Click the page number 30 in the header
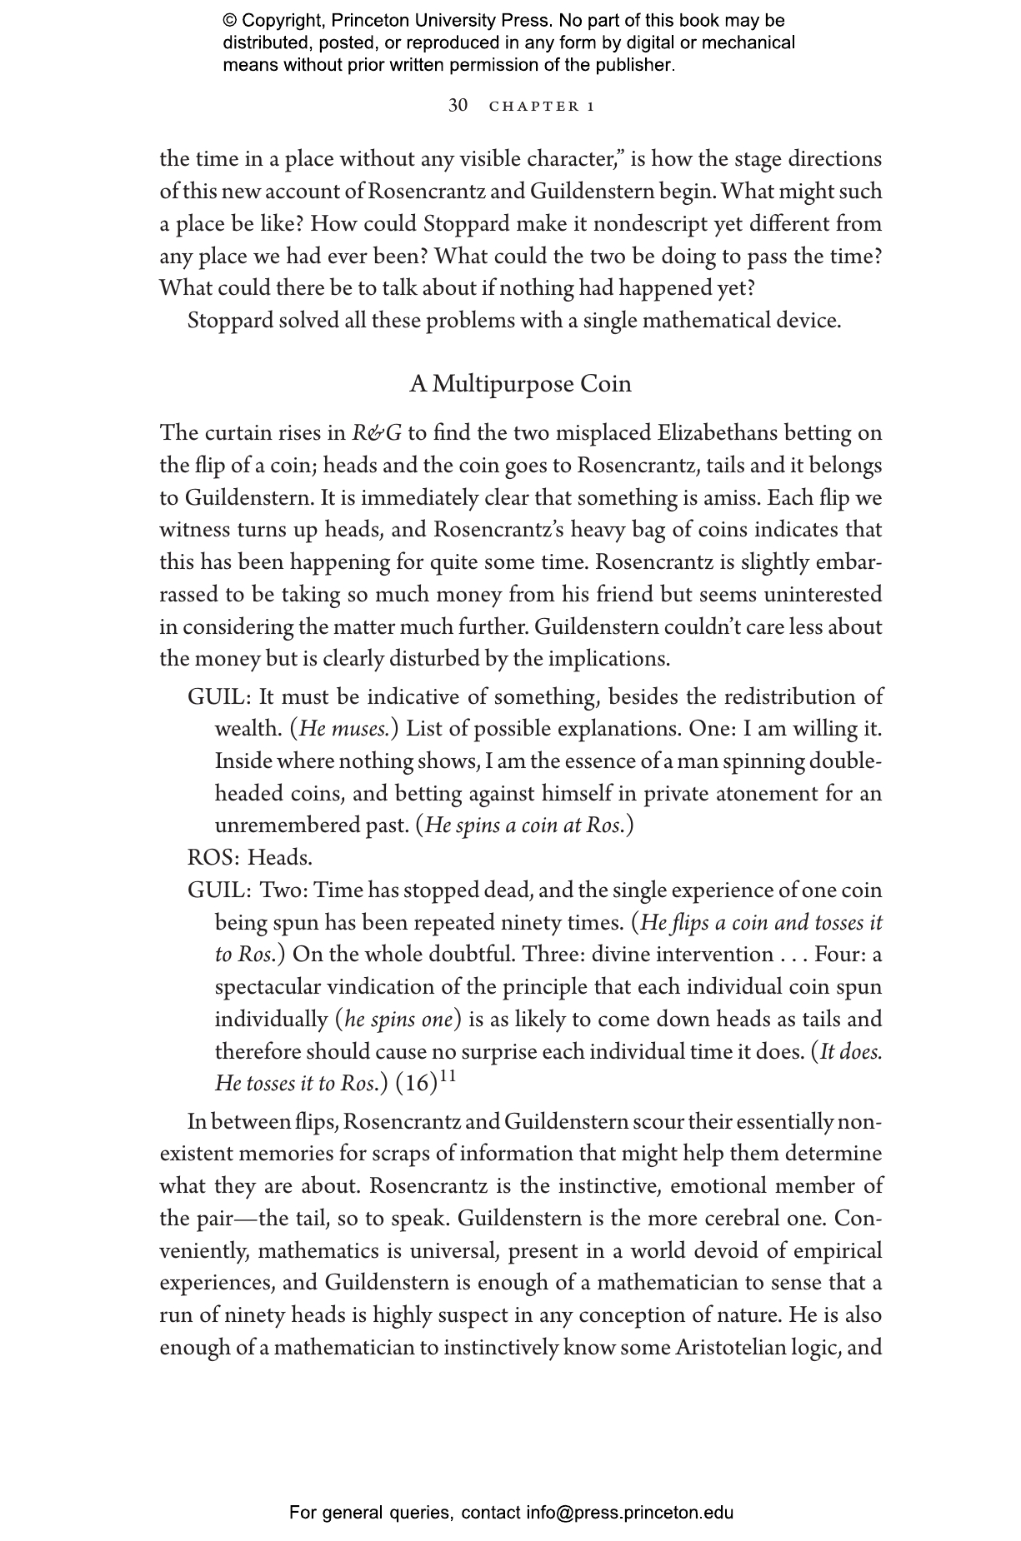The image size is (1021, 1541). tap(458, 105)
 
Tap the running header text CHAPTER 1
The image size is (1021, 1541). tap(542, 107)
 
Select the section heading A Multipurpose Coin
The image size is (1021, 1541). tap(520, 384)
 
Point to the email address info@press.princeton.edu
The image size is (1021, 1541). tap(629, 1512)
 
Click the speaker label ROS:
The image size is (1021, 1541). tap(214, 858)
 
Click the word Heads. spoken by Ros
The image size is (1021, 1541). tap(280, 858)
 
